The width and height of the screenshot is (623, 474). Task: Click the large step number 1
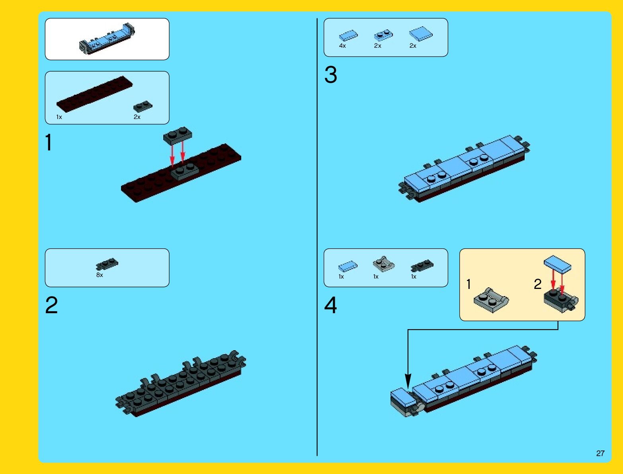coord(49,142)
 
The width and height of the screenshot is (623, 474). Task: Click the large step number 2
coord(51,306)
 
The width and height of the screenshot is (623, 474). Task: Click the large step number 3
coord(330,75)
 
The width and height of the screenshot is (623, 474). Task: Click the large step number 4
coord(330,306)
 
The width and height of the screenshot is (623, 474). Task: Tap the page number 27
coord(600,453)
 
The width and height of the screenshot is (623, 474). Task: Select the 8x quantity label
coord(100,275)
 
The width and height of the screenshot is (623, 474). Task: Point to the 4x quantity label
coord(342,46)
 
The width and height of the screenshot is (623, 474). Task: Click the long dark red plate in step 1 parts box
coord(94,94)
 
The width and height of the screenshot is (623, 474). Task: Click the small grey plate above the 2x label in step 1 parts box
coord(143,106)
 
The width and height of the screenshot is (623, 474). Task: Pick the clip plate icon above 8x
coord(107,264)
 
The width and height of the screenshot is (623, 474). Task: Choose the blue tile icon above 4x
coord(348,36)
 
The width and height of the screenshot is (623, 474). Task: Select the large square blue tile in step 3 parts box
coord(421,34)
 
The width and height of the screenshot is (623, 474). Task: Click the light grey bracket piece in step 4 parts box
coord(383,264)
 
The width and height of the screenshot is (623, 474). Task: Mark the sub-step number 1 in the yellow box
coord(469,284)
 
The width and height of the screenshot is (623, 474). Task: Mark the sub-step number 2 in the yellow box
coord(537,284)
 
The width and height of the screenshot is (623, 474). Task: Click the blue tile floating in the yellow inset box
coord(557,264)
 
